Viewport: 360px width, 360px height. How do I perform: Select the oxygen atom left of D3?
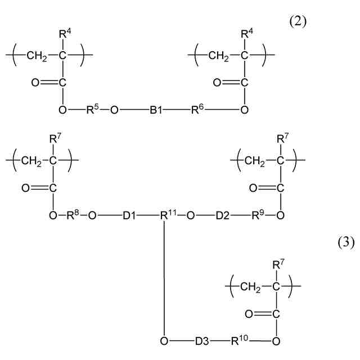click(164, 341)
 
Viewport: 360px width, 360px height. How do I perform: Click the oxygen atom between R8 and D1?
click(92, 215)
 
